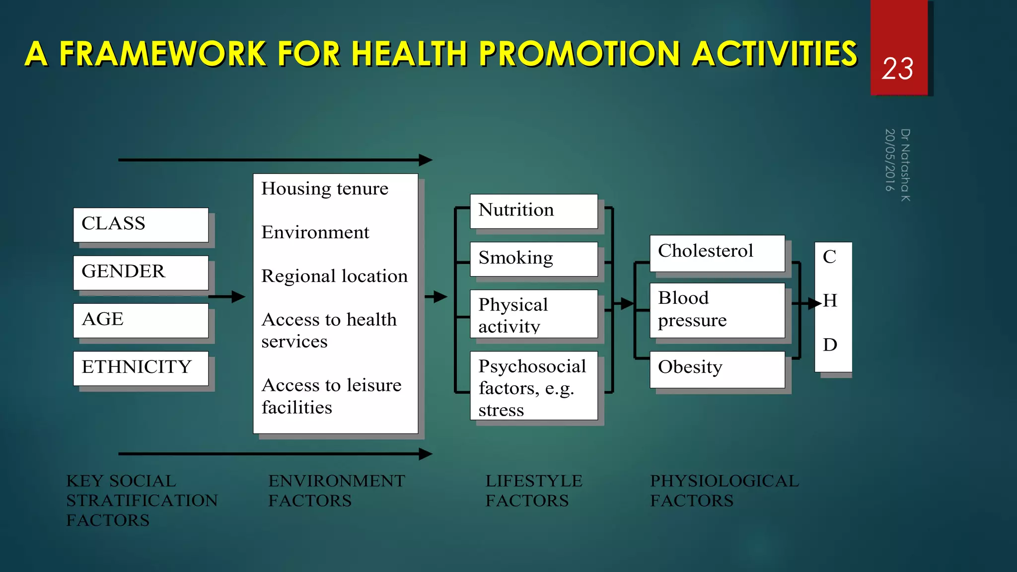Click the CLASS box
pyautogui.click(x=141, y=224)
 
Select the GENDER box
pyautogui.click(x=141, y=273)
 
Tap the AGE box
pyautogui.click(x=141, y=320)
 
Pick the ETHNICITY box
pyautogui.click(x=141, y=368)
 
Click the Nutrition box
pyautogui.click(x=533, y=211)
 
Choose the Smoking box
pyautogui.click(x=533, y=259)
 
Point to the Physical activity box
pyautogui.click(x=533, y=314)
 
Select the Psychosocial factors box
pyautogui.click(x=533, y=386)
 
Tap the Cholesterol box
pyautogui.click(x=717, y=253)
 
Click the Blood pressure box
pyautogui.click(x=717, y=310)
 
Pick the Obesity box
pyautogui.click(x=717, y=369)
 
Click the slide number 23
pyautogui.click(x=897, y=69)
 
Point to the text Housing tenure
pyautogui.click(x=325, y=189)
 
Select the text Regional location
pyautogui.click(x=334, y=276)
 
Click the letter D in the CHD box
pyautogui.click(x=830, y=345)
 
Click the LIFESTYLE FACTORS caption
pyautogui.click(x=533, y=491)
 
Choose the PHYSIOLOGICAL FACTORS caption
pyautogui.click(x=724, y=491)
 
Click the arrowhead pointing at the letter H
pyautogui.click(x=814, y=303)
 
